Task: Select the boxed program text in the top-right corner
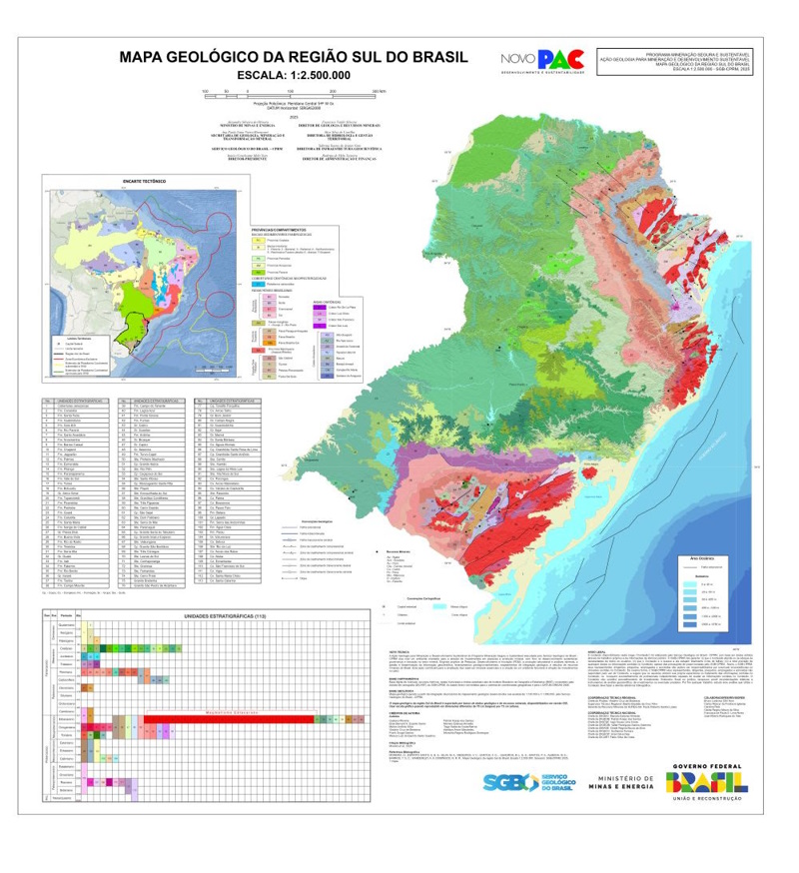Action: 686,61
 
